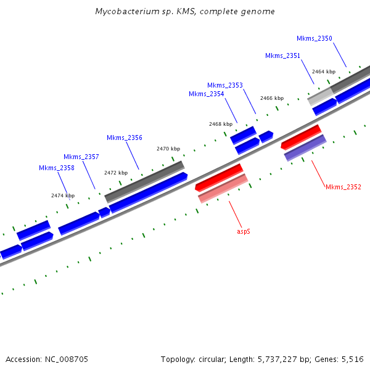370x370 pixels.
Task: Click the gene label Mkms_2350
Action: click(x=314, y=38)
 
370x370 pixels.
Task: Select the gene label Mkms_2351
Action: click(x=283, y=55)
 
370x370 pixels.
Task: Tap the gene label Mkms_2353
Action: click(x=225, y=85)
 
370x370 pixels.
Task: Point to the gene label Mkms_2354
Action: click(x=207, y=94)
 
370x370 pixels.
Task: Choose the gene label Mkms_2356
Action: click(x=125, y=138)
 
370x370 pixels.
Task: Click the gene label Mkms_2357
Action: click(x=81, y=157)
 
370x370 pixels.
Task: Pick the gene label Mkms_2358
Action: click(x=57, y=168)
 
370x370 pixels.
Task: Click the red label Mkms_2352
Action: click(x=343, y=187)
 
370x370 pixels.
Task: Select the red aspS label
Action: click(x=244, y=232)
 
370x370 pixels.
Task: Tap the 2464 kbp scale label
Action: click(x=324, y=72)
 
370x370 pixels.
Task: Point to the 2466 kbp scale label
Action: click(x=272, y=98)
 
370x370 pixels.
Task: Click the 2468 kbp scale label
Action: click(x=221, y=124)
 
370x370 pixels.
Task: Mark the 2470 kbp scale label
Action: click(x=168, y=149)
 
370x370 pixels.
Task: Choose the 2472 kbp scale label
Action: click(x=116, y=173)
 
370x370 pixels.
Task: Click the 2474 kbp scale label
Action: click(x=63, y=195)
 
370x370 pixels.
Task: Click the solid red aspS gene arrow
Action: click(x=219, y=177)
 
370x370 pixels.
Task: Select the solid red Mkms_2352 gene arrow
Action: click(x=301, y=137)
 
